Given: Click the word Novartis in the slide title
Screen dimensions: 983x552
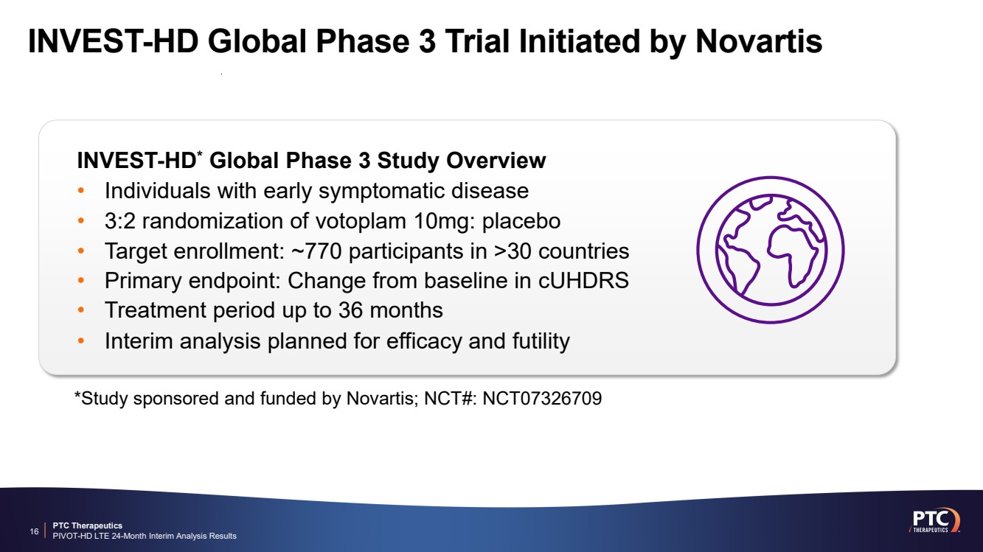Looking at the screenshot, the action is tap(759, 41).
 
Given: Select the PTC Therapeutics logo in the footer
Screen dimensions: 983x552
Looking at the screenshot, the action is tap(934, 521).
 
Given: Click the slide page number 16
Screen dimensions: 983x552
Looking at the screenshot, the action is tap(34, 532).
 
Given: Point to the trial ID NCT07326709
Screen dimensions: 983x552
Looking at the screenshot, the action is tap(542, 399).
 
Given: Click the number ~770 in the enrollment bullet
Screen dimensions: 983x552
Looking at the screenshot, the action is tap(316, 251).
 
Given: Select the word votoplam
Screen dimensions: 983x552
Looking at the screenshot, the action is tap(361, 221).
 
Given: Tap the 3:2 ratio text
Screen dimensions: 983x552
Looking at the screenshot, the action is tap(119, 221).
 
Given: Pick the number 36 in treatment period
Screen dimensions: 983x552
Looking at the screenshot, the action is tap(350, 310).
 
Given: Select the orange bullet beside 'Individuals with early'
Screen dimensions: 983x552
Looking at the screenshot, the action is tap(80, 191).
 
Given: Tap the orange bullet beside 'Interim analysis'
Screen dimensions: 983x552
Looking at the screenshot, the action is tap(80, 340).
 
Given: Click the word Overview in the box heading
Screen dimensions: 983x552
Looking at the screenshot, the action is tap(496, 161).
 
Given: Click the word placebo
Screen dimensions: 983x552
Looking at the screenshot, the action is tap(521, 221).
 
